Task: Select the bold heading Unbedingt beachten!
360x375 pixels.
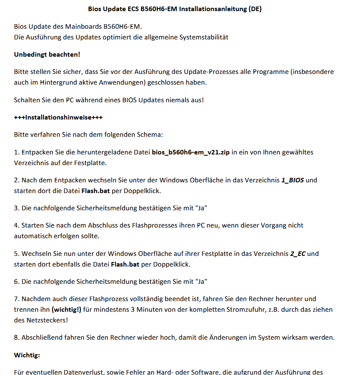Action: point(47,54)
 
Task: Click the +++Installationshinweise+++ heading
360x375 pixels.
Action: point(58,117)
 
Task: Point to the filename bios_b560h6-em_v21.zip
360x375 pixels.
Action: point(191,152)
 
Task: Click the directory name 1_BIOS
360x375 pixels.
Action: point(292,180)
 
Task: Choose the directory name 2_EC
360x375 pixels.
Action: point(298,253)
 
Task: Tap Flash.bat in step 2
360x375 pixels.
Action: point(96,191)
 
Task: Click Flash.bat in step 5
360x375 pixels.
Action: point(125,264)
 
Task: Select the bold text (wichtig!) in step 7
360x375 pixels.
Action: point(66,309)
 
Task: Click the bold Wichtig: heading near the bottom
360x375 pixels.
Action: point(27,354)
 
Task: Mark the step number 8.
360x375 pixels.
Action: point(16,338)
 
